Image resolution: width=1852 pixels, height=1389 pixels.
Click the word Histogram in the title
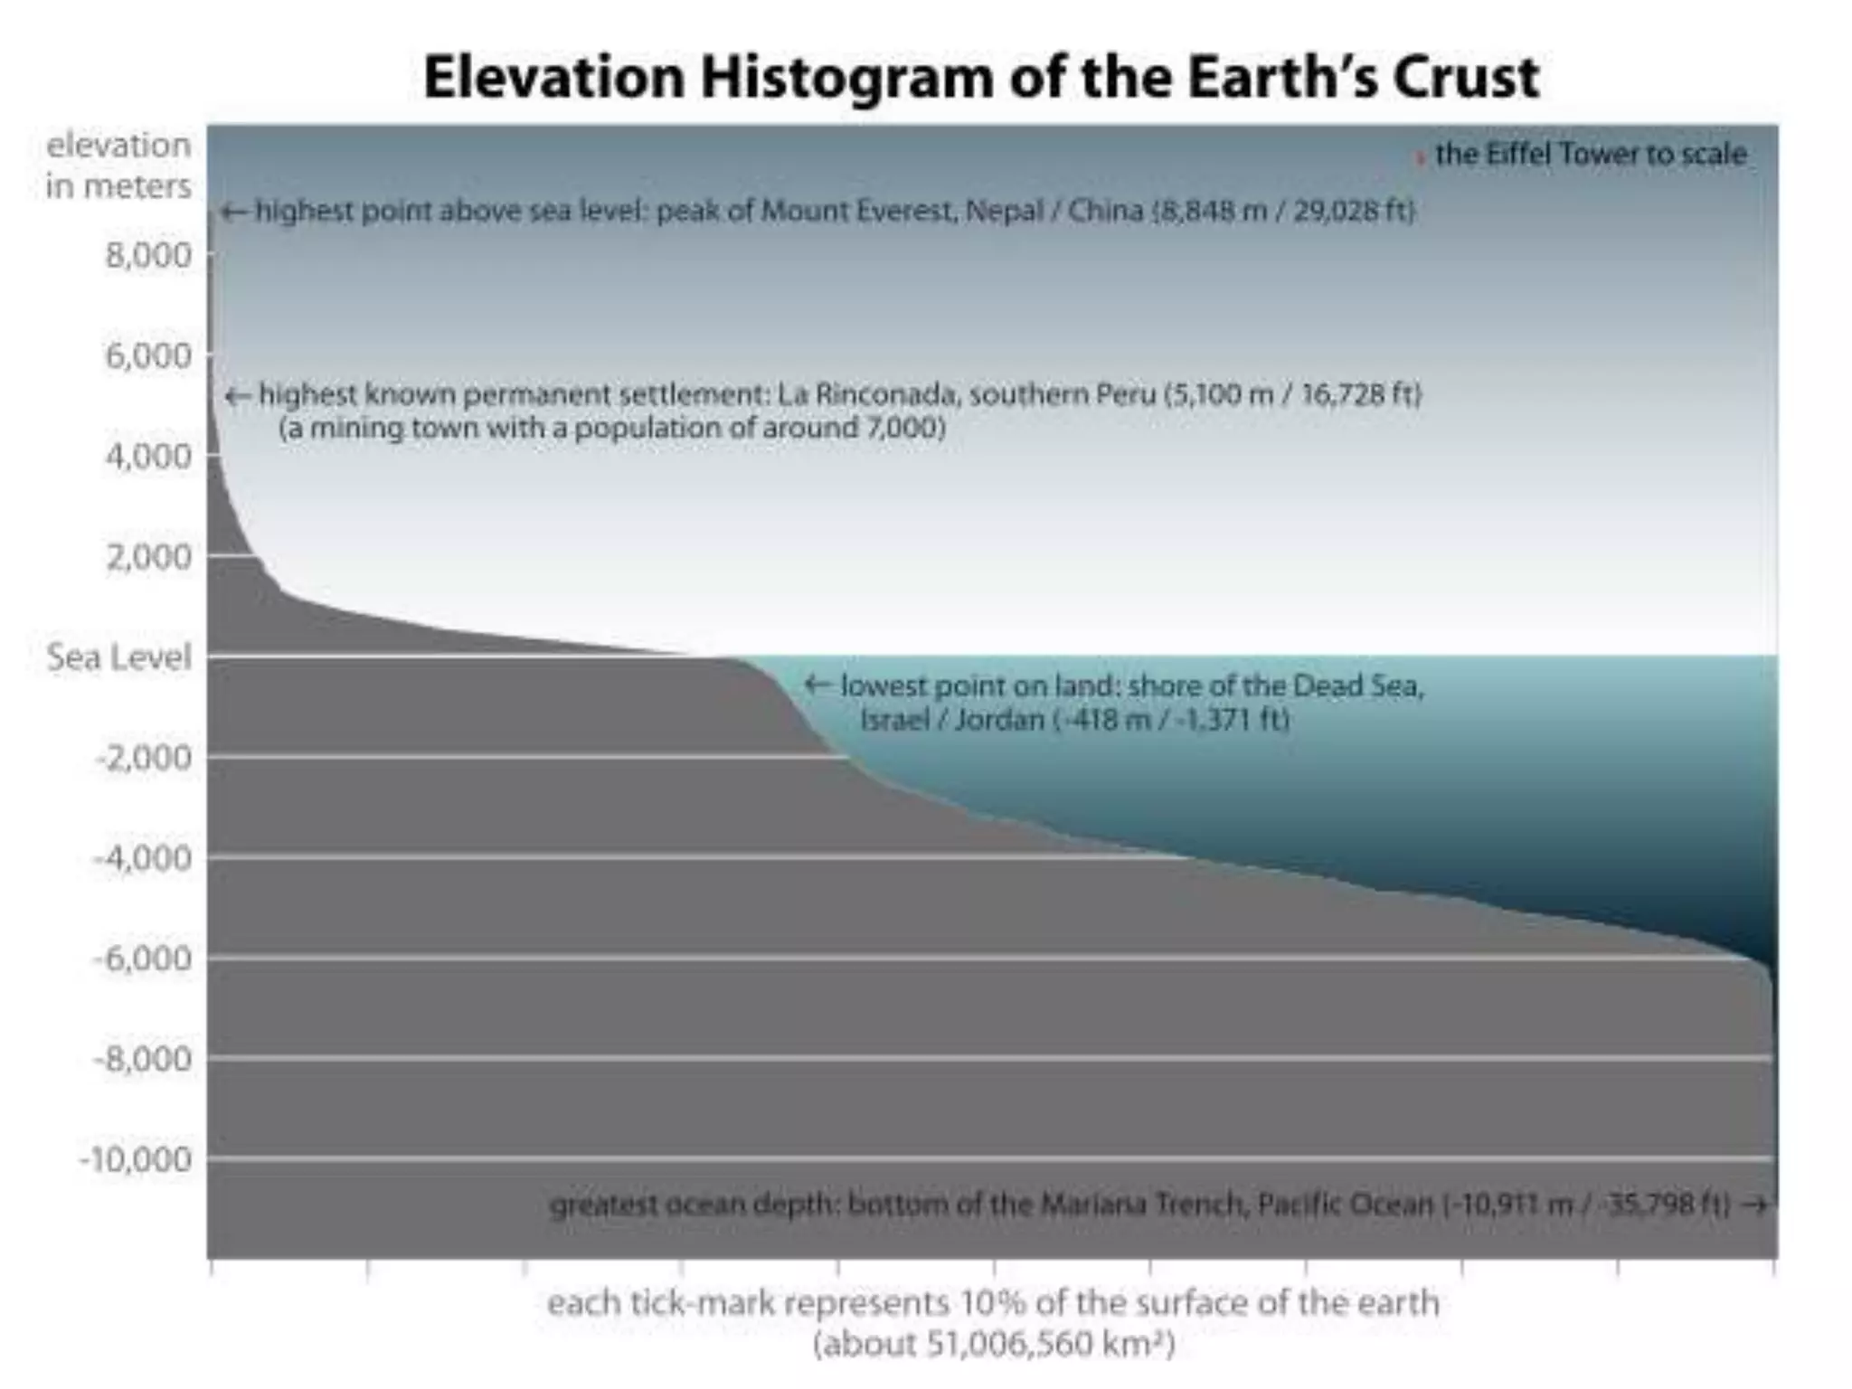click(x=846, y=77)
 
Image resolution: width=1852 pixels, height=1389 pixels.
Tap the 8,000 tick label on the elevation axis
click(x=148, y=255)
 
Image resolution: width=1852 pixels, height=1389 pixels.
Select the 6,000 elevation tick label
click(x=148, y=355)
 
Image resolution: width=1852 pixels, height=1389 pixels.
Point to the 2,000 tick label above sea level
click(x=148, y=556)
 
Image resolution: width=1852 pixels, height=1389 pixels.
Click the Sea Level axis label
click(x=118, y=657)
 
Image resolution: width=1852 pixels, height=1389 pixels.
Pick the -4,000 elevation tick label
click(x=143, y=857)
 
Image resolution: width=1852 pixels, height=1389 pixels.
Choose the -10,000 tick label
click(x=136, y=1159)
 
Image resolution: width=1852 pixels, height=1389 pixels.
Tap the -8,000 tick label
click(x=143, y=1059)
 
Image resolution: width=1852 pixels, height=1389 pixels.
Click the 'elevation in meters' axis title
click(x=118, y=165)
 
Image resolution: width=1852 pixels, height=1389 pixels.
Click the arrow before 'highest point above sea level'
click(x=234, y=212)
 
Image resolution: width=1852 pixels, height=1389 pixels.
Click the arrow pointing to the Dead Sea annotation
click(x=817, y=685)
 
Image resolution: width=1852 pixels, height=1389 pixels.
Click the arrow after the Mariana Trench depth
click(x=1754, y=1205)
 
